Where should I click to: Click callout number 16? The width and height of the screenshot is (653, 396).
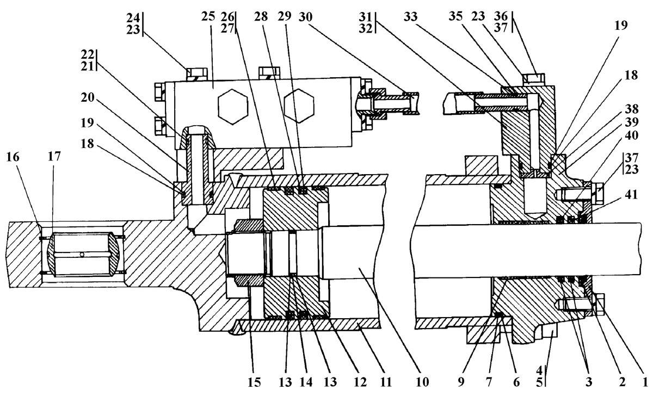click(13, 157)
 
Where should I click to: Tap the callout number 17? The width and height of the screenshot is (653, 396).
click(54, 157)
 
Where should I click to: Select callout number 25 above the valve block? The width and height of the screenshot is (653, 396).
click(208, 17)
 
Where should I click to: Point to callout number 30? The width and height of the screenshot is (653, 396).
click(305, 17)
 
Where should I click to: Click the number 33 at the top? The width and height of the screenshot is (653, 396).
click(410, 17)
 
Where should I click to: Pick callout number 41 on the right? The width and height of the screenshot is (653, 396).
click(631, 194)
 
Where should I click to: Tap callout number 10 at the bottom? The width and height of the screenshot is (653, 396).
click(422, 382)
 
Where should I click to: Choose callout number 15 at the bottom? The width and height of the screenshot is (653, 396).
click(254, 382)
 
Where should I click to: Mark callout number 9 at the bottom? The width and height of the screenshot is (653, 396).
click(461, 382)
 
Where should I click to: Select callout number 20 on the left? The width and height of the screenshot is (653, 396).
click(88, 97)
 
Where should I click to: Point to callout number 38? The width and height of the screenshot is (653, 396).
click(632, 109)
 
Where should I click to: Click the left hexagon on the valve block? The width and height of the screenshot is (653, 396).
click(233, 107)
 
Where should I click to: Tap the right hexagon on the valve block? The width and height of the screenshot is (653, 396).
click(299, 106)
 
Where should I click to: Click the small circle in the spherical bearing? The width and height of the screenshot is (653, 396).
click(82, 255)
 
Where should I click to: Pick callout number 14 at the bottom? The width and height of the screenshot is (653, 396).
click(306, 382)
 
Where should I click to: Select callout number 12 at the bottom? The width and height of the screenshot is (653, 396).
click(360, 382)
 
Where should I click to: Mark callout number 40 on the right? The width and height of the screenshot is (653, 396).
click(632, 135)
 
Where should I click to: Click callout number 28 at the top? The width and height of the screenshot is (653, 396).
click(261, 17)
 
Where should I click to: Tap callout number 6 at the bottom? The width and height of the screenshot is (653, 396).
click(516, 382)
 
